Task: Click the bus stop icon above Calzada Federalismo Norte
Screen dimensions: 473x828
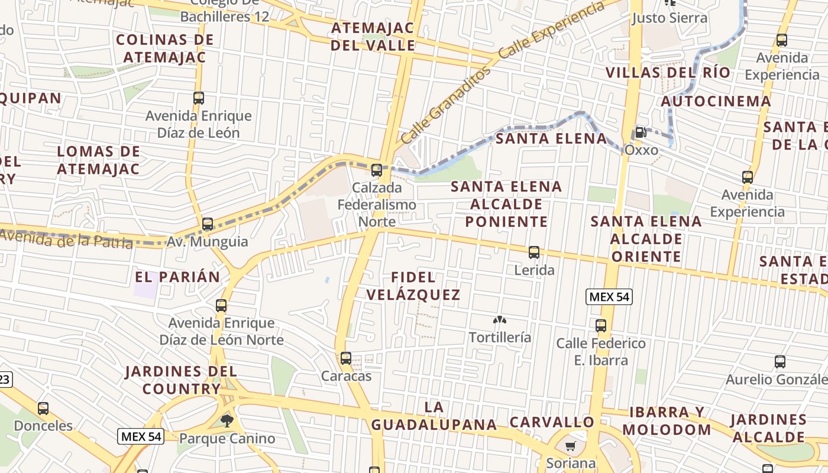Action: [377, 170]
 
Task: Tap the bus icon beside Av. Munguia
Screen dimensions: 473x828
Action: [208, 224]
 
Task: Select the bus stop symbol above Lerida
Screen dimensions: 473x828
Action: [534, 252]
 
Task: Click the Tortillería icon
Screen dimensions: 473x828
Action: [500, 320]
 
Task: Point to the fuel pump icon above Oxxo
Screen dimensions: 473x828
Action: [640, 132]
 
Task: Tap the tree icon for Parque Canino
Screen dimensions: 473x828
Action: [227, 421]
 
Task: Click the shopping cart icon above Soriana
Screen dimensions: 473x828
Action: [570, 446]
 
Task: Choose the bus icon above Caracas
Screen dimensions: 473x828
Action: [346, 358]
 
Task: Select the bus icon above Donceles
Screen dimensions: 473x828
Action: [43, 409]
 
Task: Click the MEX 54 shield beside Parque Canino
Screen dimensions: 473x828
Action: [140, 437]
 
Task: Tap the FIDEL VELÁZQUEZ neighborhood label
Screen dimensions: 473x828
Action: [413, 286]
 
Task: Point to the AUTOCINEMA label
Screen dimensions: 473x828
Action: [716, 101]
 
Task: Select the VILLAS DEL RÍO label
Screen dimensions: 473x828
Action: [668, 73]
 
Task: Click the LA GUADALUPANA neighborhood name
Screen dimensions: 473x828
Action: [434, 416]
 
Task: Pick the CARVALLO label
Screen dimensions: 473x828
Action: [552, 422]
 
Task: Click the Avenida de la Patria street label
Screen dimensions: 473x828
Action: [66, 239]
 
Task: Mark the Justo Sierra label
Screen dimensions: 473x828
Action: [669, 18]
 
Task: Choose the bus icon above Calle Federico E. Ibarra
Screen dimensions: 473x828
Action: [601, 326]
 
